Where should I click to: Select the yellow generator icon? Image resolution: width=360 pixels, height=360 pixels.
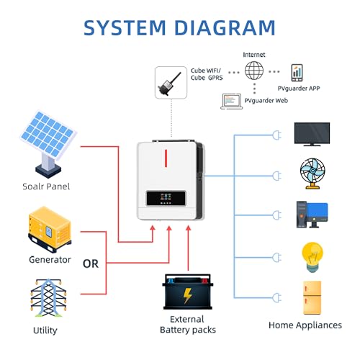point(50,229)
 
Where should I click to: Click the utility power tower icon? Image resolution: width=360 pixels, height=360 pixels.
point(48,298)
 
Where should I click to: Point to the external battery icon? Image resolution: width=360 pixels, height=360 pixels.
point(188,292)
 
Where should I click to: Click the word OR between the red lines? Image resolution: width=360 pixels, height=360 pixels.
point(91,264)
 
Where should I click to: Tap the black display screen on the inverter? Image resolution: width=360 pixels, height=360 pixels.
point(166,198)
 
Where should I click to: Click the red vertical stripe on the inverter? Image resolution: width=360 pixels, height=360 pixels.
point(166,158)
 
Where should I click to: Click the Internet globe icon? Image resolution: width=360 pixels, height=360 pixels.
point(254,71)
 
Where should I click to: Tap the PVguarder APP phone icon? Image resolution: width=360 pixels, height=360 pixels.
point(297,73)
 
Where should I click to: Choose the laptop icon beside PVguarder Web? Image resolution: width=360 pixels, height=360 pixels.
point(232,102)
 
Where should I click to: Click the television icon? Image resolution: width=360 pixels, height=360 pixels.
point(312,134)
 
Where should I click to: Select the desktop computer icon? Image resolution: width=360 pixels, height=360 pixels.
point(312,215)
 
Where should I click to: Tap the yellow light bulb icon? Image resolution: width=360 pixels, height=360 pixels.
point(312,257)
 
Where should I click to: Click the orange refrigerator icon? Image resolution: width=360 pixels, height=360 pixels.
point(312,297)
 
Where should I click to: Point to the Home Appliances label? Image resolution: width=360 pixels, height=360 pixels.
point(305,325)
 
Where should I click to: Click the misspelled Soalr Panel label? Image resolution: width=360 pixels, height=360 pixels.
point(46,186)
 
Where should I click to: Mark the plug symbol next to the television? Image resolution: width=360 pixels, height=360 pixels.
point(276,135)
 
